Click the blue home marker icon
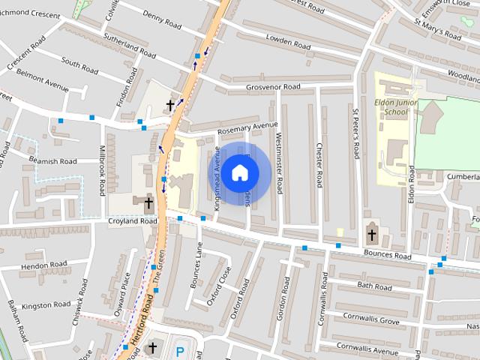(238, 172)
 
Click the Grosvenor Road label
(273, 87)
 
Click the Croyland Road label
(132, 221)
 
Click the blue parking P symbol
(179, 350)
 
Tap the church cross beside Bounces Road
(371, 235)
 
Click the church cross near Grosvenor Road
(170, 105)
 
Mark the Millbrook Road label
(103, 170)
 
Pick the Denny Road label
(163, 25)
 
